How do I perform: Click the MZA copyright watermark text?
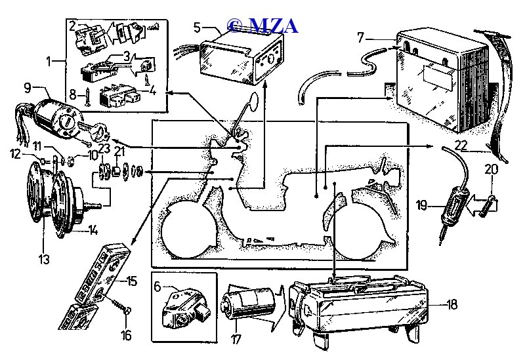(262, 25)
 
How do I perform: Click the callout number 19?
(421, 205)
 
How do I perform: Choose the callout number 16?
(126, 336)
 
